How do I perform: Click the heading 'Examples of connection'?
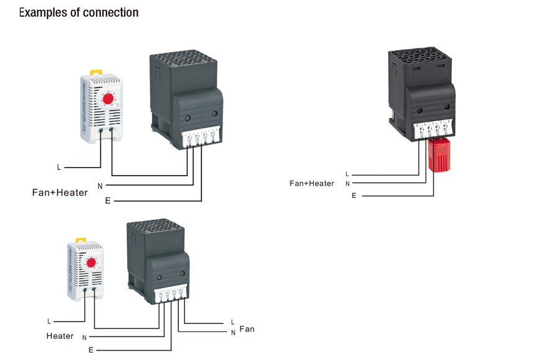pos(79,12)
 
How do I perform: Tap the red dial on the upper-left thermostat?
pos(108,99)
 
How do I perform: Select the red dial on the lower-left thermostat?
pos(91,263)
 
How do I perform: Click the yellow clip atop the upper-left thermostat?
pos(97,72)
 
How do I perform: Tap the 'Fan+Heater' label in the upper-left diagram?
pos(60,192)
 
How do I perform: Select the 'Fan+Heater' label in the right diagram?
pos(312,183)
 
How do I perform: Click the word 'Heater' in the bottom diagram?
pos(60,336)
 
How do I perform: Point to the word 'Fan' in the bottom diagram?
pos(247,329)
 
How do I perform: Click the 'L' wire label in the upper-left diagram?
pos(59,168)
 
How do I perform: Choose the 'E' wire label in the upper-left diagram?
pos(108,200)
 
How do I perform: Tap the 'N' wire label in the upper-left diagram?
pos(100,185)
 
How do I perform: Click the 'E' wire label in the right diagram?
pos(354,196)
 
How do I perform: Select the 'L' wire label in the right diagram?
pos(347,174)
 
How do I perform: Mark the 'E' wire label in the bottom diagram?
pos(91,350)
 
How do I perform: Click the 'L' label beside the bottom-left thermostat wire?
pos(49,322)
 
